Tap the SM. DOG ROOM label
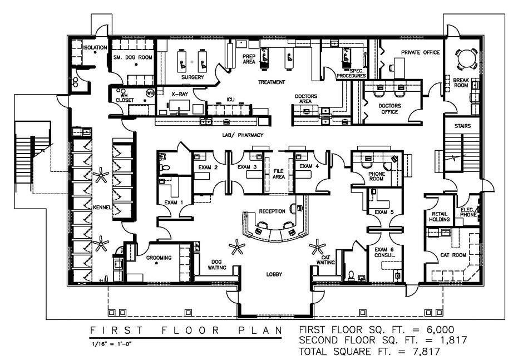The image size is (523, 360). point(132,57)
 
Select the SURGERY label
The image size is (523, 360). point(192,77)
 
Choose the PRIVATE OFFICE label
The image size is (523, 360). point(421,53)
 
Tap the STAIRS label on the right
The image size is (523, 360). point(462,126)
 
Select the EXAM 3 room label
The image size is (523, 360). point(246,166)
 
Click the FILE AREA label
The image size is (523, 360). point(279,173)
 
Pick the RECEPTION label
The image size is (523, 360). point(272,211)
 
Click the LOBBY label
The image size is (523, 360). point(274,275)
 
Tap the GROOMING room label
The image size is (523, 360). point(159,258)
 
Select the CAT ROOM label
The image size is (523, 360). point(452,255)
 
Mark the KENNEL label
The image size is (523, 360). point(103,208)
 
